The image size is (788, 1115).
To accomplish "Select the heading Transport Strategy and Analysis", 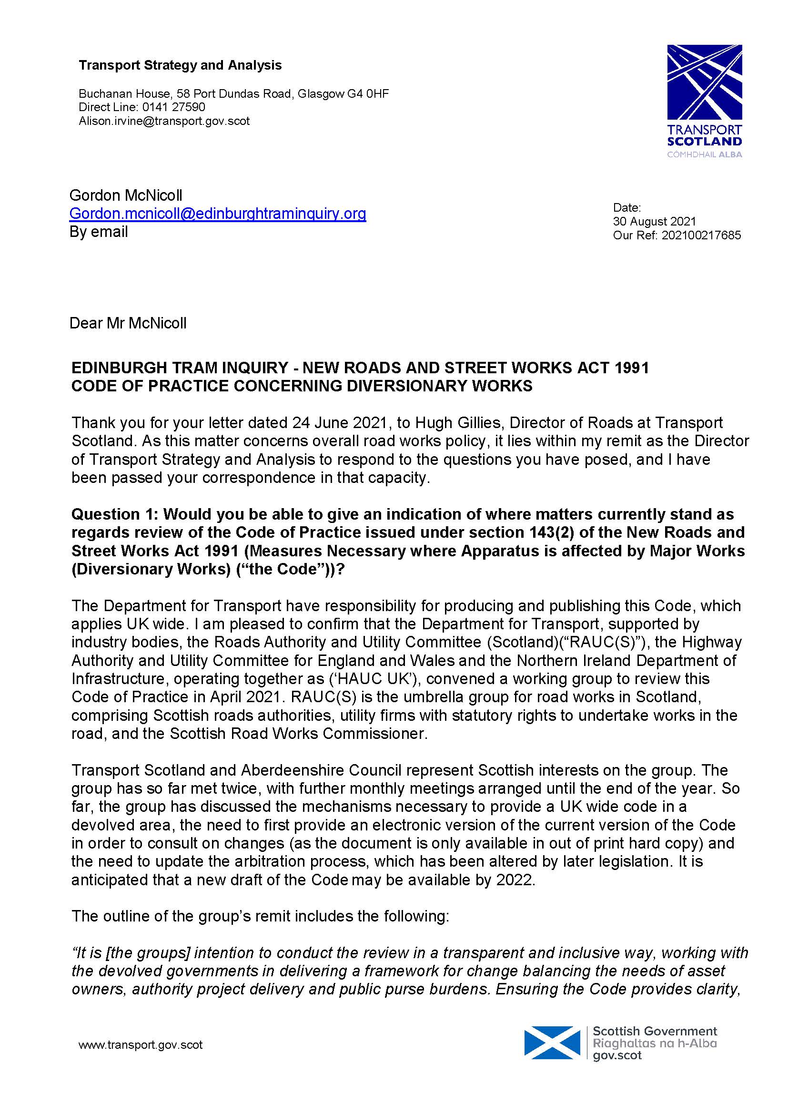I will click(x=180, y=65).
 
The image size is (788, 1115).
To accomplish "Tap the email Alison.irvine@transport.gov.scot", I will click(x=164, y=121).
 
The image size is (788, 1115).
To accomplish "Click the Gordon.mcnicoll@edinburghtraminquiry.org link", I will click(x=217, y=213).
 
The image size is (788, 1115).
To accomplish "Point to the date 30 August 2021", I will click(x=654, y=222).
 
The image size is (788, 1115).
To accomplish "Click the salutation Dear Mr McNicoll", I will click(x=128, y=323).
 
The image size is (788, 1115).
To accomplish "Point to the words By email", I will click(x=99, y=232).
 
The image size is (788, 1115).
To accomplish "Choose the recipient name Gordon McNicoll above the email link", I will click(x=126, y=195).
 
